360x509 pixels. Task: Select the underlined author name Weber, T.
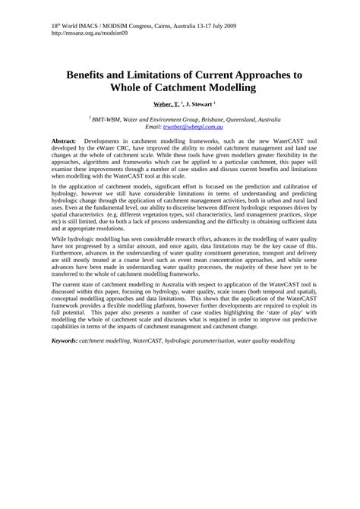167,103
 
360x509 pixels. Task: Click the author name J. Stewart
201,103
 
